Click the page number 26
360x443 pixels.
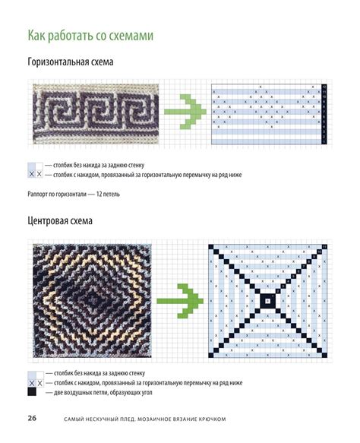(x=32, y=418)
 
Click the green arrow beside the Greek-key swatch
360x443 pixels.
(x=185, y=112)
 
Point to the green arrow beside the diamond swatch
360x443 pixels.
(x=180, y=301)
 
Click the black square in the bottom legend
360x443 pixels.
(x=32, y=392)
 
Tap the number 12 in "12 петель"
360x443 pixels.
(x=99, y=194)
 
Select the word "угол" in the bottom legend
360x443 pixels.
(x=146, y=393)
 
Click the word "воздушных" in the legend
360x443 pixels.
(x=83, y=393)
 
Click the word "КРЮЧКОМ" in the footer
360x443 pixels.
(x=212, y=419)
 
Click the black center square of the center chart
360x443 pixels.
(x=267, y=301)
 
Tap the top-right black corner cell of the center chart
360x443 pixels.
(x=324, y=247)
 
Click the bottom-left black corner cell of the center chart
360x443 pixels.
(x=211, y=355)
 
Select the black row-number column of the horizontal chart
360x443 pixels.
(x=324, y=114)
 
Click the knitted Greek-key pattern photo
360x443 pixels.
(x=96, y=114)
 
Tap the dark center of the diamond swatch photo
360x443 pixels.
(x=93, y=300)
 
